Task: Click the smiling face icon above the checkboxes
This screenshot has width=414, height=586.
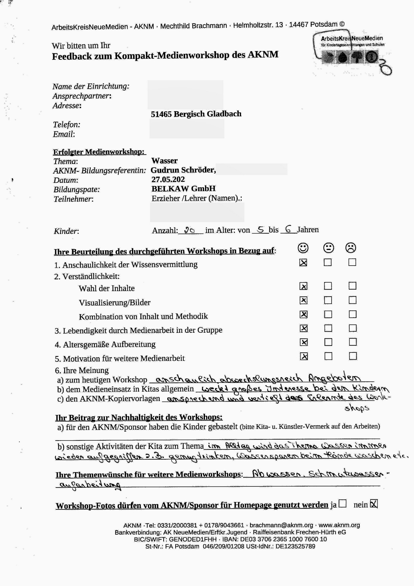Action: pyautogui.click(x=303, y=248)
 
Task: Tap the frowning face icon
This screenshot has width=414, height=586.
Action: pyautogui.click(x=351, y=248)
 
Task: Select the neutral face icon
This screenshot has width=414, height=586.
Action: pyautogui.click(x=329, y=248)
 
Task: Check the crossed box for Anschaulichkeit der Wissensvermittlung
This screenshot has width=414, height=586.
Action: pyautogui.click(x=303, y=263)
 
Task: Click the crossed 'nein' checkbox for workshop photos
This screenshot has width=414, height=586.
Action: pyautogui.click(x=374, y=503)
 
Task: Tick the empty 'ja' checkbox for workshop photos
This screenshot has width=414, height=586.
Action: pyautogui.click(x=343, y=503)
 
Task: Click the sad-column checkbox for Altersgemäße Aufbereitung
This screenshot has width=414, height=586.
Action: pyautogui.click(x=353, y=342)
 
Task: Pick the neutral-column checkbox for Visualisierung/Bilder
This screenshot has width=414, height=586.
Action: pyautogui.click(x=328, y=300)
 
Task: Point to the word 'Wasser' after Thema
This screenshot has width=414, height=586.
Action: pyautogui.click(x=164, y=161)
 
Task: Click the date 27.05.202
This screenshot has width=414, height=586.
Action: pyautogui.click(x=168, y=179)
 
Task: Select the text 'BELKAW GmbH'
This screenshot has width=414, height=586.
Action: pyautogui.click(x=183, y=188)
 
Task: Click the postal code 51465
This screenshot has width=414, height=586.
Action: pyautogui.click(x=161, y=114)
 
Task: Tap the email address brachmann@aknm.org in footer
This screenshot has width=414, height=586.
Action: pyautogui.click(x=281, y=525)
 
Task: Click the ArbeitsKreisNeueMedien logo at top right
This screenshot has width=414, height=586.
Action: pyautogui.click(x=351, y=50)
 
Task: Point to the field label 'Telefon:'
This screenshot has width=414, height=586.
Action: pyautogui.click(x=66, y=125)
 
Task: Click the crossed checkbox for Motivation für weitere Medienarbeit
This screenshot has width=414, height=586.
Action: pyautogui.click(x=304, y=356)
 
